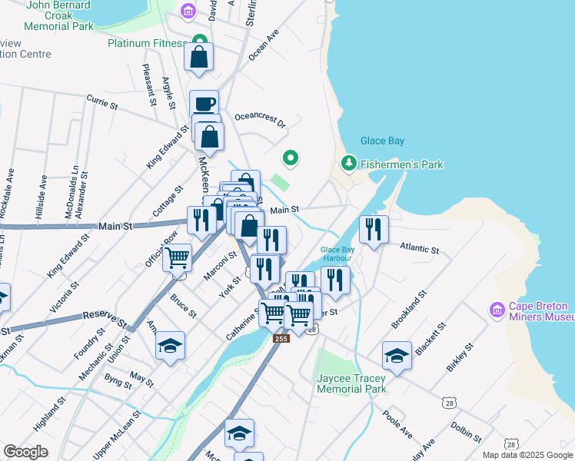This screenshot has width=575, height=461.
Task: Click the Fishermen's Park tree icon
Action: click(x=349, y=164)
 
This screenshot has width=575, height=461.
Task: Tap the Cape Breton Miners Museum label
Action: click(x=542, y=310)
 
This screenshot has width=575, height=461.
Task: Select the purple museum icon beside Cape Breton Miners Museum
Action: click(x=497, y=310)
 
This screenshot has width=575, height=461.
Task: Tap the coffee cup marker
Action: click(x=204, y=103)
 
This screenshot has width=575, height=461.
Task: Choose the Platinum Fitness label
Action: click(x=148, y=43)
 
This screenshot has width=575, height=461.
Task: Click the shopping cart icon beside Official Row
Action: click(x=178, y=257)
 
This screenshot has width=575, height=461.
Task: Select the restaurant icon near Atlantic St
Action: click(x=374, y=228)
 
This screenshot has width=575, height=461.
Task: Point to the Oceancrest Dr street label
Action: click(x=260, y=120)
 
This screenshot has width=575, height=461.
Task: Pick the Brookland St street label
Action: click(x=409, y=310)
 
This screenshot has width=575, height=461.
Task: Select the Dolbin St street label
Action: click(x=466, y=431)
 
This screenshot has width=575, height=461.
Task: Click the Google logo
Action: click(x=26, y=451)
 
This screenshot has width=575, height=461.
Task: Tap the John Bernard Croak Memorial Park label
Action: click(x=59, y=15)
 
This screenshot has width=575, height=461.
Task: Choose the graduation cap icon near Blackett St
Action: click(x=397, y=354)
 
